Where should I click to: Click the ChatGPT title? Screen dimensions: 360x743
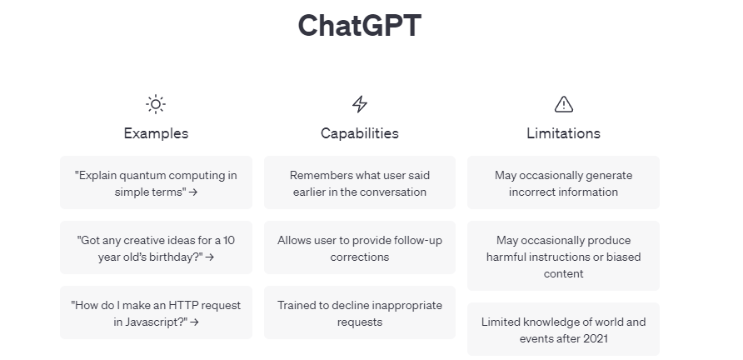tap(360, 26)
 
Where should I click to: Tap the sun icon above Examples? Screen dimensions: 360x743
tap(156, 104)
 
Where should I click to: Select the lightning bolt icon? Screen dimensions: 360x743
tap(360, 104)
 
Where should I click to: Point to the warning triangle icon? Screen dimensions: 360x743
tap(564, 104)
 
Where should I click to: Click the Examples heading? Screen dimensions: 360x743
tap(156, 133)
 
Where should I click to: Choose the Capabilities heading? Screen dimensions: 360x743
tap(360, 133)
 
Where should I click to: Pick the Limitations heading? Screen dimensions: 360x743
tap(564, 133)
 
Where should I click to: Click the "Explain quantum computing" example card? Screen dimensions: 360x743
tap(156, 183)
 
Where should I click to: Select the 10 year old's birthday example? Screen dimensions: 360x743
tap(156, 248)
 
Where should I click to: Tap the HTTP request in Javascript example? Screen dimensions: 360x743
tap(156, 313)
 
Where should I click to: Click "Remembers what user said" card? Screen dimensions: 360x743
tap(360, 183)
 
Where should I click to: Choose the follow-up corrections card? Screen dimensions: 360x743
tap(360, 248)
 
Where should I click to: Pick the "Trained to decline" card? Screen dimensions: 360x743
tap(360, 313)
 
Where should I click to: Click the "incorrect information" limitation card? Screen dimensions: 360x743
tap(564, 183)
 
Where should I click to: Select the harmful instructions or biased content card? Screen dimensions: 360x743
tap(564, 257)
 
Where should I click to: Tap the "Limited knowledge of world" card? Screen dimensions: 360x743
tap(564, 330)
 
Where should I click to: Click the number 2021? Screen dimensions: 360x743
tap(595, 338)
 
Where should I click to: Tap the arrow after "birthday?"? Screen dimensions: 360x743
tap(210, 257)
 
